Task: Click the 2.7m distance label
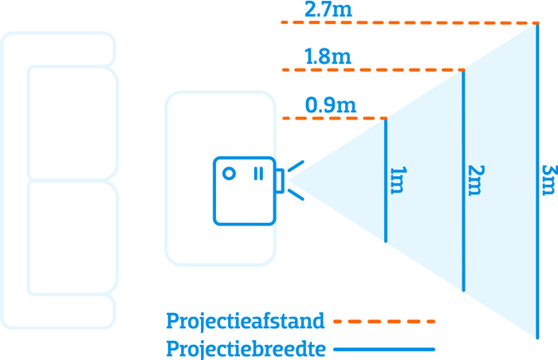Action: point(328,10)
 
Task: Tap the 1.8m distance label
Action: point(328,57)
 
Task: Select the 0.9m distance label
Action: point(331,105)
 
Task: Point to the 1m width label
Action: point(399,180)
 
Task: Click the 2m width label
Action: point(476,180)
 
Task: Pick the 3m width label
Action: point(548,180)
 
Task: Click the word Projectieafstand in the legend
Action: point(246,322)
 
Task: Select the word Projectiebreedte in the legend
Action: point(246,349)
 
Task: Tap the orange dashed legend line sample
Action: point(384,322)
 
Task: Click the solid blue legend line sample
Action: point(384,350)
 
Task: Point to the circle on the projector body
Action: point(229,174)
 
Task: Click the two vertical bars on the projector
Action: point(259,174)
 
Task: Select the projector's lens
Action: point(280,181)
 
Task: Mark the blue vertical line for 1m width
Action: point(386,180)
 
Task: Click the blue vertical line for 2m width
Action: point(463,180)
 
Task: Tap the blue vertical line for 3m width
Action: point(537,180)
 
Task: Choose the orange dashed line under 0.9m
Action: point(335,118)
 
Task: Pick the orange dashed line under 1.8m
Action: point(373,70)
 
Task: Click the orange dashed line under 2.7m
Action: point(410,23)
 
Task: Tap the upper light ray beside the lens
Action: point(296,166)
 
